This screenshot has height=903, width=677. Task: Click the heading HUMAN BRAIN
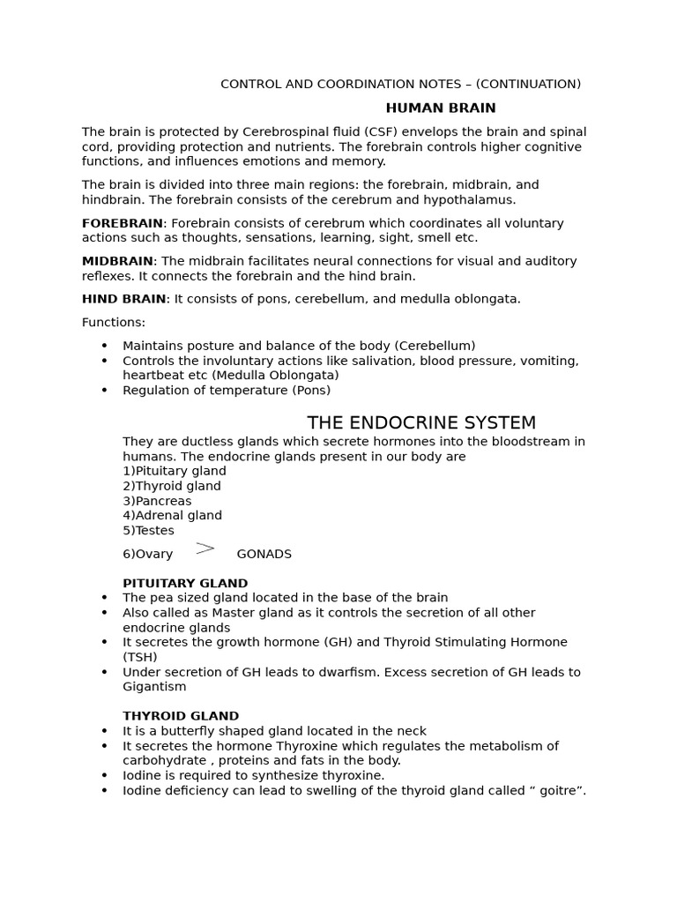pyautogui.click(x=441, y=108)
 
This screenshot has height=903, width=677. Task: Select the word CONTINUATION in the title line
pyautogui.click(x=528, y=85)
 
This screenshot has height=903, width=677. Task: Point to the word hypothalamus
pyautogui.click(x=471, y=200)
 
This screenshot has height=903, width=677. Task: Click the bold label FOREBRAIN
pyautogui.click(x=123, y=223)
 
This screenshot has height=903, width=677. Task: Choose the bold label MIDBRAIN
pyautogui.click(x=117, y=261)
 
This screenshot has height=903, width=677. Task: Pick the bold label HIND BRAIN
pyautogui.click(x=123, y=299)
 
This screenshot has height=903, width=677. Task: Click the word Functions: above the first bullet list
pyautogui.click(x=114, y=323)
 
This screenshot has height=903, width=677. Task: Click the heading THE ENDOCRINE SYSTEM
pyautogui.click(x=421, y=422)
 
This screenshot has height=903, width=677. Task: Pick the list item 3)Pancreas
pyautogui.click(x=157, y=501)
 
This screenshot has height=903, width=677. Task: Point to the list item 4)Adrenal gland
pyautogui.click(x=172, y=516)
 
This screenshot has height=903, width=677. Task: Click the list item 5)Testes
pyautogui.click(x=148, y=531)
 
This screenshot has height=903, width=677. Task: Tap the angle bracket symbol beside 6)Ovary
pyautogui.click(x=205, y=549)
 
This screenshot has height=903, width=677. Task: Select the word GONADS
pyautogui.click(x=264, y=555)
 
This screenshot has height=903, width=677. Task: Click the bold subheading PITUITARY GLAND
pyautogui.click(x=185, y=584)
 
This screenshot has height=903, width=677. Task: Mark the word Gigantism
pyautogui.click(x=154, y=687)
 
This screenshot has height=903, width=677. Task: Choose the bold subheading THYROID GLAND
pyautogui.click(x=181, y=716)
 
